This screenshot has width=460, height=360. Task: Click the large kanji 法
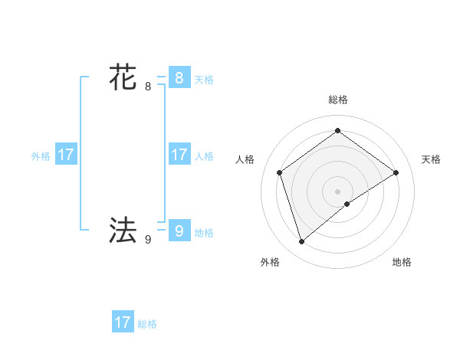pyautogui.click(x=123, y=229)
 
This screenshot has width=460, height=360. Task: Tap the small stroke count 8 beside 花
pyautogui.click(x=148, y=87)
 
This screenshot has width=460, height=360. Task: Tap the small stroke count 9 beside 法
pyautogui.click(x=148, y=240)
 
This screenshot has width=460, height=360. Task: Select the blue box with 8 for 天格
pyautogui.click(x=179, y=78)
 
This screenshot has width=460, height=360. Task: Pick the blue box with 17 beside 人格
pyautogui.click(x=179, y=155)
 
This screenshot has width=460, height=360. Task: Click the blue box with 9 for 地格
pyautogui.click(x=179, y=231)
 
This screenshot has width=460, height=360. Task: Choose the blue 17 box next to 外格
pyautogui.click(x=66, y=155)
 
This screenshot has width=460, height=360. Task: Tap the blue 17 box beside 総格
pyautogui.click(x=123, y=322)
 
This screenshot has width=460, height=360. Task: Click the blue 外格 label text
pyautogui.click(x=41, y=156)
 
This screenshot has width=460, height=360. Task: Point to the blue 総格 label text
pyautogui.click(x=147, y=324)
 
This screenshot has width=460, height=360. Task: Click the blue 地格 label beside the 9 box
pyautogui.click(x=204, y=233)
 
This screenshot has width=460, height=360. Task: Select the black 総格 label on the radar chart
pyautogui.click(x=337, y=100)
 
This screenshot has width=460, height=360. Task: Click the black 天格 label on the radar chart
pyautogui.click(x=431, y=159)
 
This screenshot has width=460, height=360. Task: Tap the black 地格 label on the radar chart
pyautogui.click(x=402, y=262)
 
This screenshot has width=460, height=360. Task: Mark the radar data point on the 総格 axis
pyautogui.click(x=337, y=130)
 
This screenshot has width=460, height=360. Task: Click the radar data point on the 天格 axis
pyautogui.click(x=396, y=172)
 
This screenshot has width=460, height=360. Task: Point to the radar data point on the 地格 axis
pyautogui.click(x=347, y=204)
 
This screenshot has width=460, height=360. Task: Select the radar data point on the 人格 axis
pyautogui.click(x=279, y=172)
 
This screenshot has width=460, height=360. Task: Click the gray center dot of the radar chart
pyautogui.click(x=337, y=191)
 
